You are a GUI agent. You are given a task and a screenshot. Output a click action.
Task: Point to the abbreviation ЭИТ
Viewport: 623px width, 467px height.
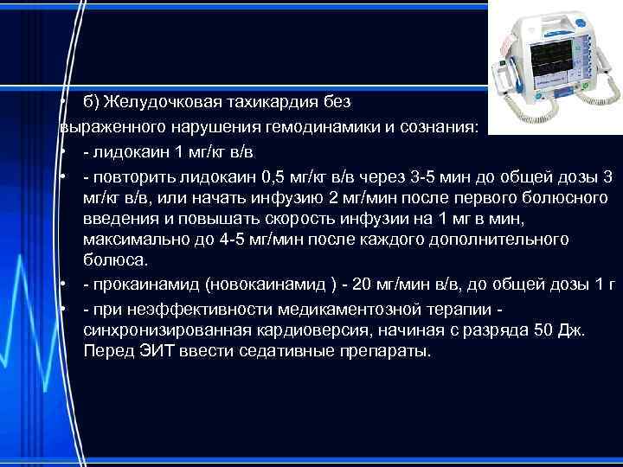(151, 353)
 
